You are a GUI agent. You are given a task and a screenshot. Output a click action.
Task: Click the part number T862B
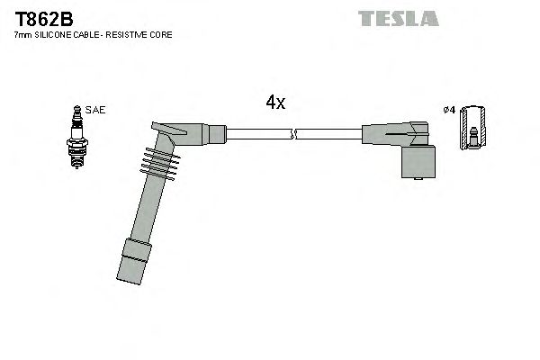coord(44,19)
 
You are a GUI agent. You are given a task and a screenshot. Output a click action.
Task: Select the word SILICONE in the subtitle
coord(57,34)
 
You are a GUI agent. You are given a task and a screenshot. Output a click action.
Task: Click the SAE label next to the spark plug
coord(96,110)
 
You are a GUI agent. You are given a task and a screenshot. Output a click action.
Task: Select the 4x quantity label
coord(275,103)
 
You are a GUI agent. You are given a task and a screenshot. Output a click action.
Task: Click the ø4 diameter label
coord(449,111)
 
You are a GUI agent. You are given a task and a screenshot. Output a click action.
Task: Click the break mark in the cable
coord(293,135)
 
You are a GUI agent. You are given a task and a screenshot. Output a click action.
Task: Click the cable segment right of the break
coord(328,135)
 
